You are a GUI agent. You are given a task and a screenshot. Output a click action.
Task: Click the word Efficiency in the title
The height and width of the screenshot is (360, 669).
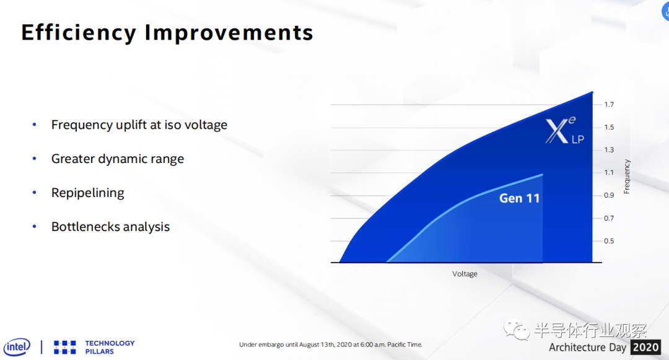79,33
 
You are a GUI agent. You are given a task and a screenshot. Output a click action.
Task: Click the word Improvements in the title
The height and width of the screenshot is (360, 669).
229,33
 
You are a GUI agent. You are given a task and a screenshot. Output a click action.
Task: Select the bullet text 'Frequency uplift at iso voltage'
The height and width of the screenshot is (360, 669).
139,125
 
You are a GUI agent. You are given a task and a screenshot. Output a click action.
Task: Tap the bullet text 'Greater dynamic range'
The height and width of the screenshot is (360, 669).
117,159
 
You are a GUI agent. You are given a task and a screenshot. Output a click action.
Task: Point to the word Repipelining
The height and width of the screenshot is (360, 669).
87,193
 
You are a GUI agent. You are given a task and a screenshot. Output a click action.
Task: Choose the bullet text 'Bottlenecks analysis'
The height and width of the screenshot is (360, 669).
110,227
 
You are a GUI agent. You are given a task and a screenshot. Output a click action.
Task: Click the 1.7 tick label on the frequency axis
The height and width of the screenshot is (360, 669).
609,105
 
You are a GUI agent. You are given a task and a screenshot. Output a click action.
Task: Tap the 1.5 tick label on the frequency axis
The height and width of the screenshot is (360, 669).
609,127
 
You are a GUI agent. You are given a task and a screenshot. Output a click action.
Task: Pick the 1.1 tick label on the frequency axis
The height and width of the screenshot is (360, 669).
609,172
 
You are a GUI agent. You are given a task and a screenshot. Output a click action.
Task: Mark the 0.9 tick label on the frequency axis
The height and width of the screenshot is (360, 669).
609,195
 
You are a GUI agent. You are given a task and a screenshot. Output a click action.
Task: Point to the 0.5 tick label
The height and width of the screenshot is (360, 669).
609,241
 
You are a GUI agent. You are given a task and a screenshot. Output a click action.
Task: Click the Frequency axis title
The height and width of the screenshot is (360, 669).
627,177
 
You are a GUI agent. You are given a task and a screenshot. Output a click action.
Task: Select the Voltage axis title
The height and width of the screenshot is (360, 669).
465,274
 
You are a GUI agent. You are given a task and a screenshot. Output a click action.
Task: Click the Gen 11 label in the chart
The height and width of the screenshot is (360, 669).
519,198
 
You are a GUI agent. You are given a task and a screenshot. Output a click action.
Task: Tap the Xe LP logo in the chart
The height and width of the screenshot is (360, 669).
564,131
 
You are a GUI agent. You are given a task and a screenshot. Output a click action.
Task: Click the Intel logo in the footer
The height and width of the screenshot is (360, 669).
17,347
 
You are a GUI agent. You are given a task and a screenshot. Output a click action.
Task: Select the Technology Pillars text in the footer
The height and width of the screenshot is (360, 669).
110,347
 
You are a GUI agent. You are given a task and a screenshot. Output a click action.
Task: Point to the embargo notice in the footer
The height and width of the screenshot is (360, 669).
331,345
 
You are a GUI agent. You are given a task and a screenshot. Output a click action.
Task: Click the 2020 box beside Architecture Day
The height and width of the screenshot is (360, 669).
645,347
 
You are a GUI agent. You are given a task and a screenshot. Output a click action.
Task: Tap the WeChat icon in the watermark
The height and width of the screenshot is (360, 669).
516,329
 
